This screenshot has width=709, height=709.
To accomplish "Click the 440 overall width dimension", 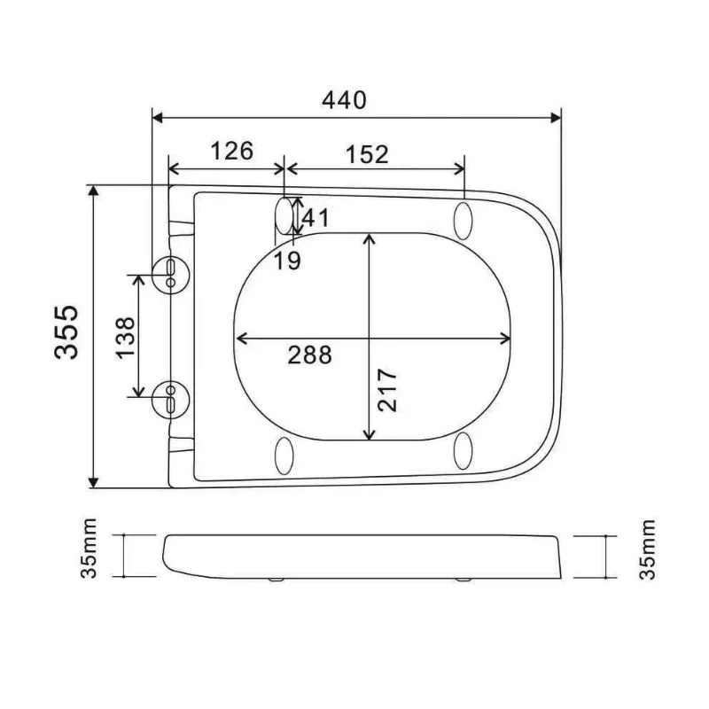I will pyautogui.click(x=345, y=100).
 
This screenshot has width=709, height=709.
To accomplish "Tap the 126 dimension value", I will pyautogui.click(x=230, y=151).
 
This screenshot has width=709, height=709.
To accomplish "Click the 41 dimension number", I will pyautogui.click(x=316, y=215).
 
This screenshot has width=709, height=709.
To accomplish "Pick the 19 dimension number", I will pyautogui.click(x=286, y=260).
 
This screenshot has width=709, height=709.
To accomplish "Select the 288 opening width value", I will pyautogui.click(x=309, y=354).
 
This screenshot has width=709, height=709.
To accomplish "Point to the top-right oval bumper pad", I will pyautogui.click(x=464, y=219).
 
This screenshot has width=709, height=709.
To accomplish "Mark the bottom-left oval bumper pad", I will pyautogui.click(x=285, y=454).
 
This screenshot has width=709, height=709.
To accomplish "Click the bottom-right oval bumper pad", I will pyautogui.click(x=464, y=452).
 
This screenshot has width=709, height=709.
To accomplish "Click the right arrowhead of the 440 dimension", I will pyautogui.click(x=556, y=116).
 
